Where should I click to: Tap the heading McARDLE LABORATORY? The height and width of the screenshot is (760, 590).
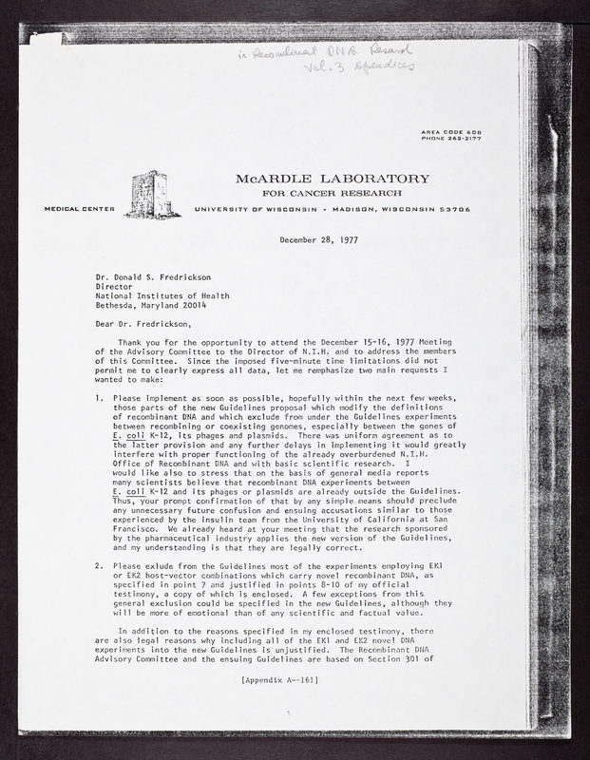click(334, 179)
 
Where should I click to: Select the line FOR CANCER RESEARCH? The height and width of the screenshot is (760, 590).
click(334, 193)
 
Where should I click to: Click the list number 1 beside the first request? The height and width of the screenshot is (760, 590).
click(99, 397)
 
